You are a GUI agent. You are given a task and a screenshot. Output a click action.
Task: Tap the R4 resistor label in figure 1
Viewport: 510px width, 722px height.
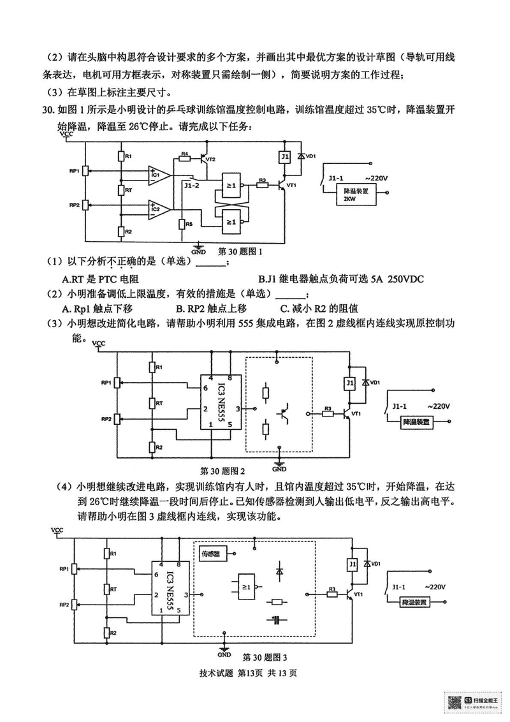pyautogui.click(x=184, y=154)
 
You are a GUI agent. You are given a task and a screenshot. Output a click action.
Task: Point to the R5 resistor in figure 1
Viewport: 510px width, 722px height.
pyautogui.click(x=182, y=224)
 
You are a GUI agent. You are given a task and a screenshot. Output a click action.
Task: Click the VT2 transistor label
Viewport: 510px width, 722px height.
pyautogui.click(x=211, y=159)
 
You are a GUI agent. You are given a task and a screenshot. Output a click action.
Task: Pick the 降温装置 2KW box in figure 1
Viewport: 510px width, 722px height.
pyautogui.click(x=357, y=195)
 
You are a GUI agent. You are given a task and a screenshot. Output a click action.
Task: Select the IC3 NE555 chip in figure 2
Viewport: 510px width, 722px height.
pyautogui.click(x=221, y=402)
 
